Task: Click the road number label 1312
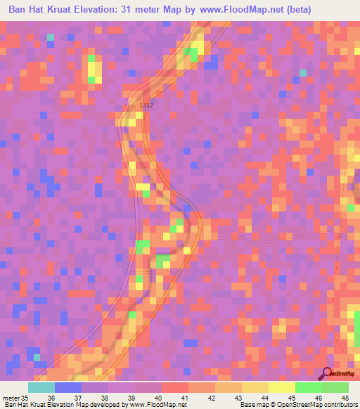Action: point(146,105)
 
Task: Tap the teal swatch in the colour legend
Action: point(41,387)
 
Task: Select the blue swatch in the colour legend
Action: point(68,387)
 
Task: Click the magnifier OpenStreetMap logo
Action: point(326,373)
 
